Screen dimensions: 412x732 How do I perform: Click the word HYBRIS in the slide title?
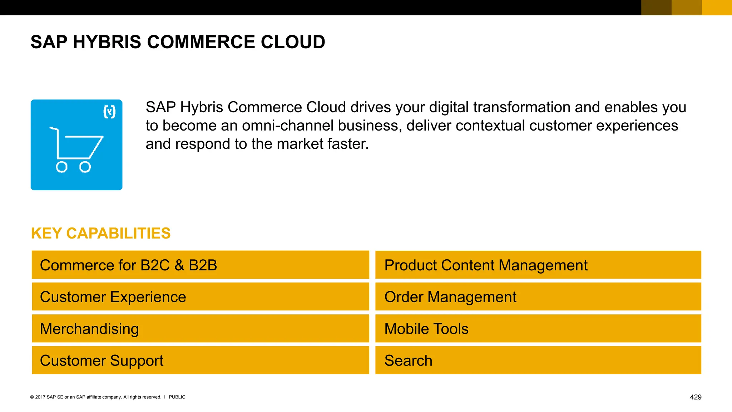coord(107,42)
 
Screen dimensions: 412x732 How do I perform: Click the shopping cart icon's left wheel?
coord(61,167)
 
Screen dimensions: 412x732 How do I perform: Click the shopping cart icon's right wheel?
coord(85,167)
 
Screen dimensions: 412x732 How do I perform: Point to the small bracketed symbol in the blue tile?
coord(109,112)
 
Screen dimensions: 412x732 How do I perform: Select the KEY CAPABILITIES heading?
coord(101,233)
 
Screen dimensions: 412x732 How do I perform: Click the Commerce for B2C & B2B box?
coord(200,265)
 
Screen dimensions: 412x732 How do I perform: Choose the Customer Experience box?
coord(200,297)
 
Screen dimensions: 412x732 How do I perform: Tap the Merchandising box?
coord(200,329)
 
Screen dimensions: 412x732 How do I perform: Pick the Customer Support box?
coord(200,360)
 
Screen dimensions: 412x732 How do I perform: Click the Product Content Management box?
coord(538,265)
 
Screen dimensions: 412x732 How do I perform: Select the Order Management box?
coord(538,297)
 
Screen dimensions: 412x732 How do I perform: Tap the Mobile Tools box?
coord(538,329)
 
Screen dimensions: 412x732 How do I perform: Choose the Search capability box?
coord(538,360)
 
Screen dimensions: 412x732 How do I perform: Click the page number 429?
coord(696,397)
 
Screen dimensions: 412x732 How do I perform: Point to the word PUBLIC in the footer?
coord(177,397)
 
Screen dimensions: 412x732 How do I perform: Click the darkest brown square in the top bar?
coord(656,8)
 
